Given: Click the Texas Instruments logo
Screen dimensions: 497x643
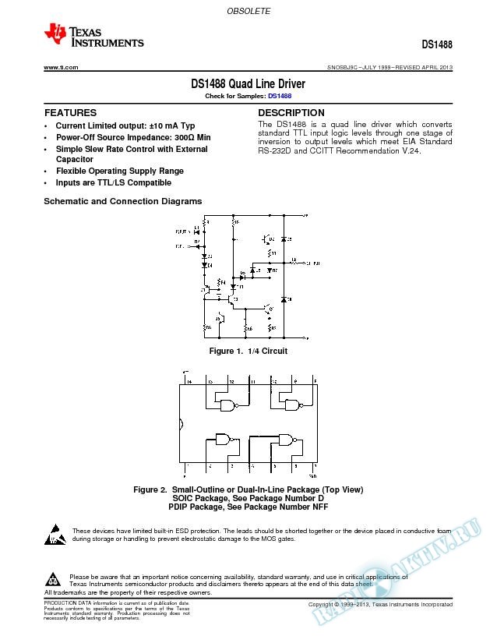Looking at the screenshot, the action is point(93,36).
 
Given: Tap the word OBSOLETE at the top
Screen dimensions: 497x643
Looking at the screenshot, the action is point(248,12).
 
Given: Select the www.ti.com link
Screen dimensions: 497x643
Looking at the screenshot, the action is point(61,68).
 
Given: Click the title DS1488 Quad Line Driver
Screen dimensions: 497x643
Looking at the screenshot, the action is point(248,83).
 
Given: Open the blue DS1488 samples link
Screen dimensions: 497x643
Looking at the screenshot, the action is point(280,96).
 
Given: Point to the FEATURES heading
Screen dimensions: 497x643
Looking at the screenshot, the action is point(70,113).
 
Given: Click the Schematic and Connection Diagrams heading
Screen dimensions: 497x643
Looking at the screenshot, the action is point(122,201).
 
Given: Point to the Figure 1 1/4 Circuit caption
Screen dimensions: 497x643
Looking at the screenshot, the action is point(248,351).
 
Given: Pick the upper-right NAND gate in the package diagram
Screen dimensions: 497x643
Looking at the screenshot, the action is point(293,405).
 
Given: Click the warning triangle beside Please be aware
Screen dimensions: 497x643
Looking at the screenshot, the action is point(53,579).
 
